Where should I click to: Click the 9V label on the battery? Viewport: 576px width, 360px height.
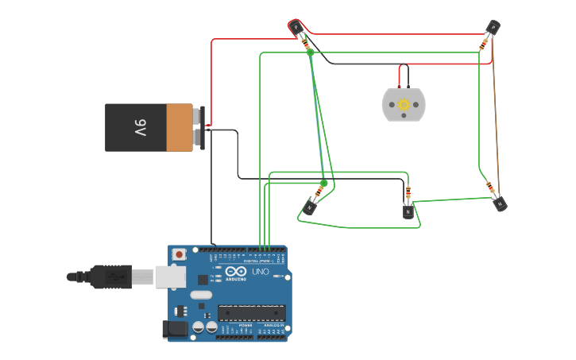pyautogui.click(x=139, y=127)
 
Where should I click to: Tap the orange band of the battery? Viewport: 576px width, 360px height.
pyautogui.click(x=180, y=127)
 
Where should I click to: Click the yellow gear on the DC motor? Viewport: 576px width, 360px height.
pyautogui.click(x=404, y=104)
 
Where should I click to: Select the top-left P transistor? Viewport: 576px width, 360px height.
pyautogui.click(x=296, y=28)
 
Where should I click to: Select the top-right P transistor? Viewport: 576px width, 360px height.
pyautogui.click(x=493, y=28)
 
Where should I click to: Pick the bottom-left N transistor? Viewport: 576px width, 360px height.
pyautogui.click(x=309, y=208)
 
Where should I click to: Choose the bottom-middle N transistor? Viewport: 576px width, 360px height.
pyautogui.click(x=408, y=211)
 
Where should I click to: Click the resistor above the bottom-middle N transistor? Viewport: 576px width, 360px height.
pyautogui.click(x=408, y=193)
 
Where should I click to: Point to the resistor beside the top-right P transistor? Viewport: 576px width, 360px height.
pyautogui.click(x=484, y=43)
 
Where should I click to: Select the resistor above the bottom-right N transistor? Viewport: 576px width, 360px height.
pyautogui.click(x=491, y=188)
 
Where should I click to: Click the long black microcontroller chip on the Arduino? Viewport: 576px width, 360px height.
pyautogui.click(x=251, y=314)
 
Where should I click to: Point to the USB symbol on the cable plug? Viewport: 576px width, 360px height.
pyautogui.click(x=114, y=277)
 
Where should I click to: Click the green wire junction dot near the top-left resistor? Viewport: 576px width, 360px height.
pyautogui.click(x=311, y=52)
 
